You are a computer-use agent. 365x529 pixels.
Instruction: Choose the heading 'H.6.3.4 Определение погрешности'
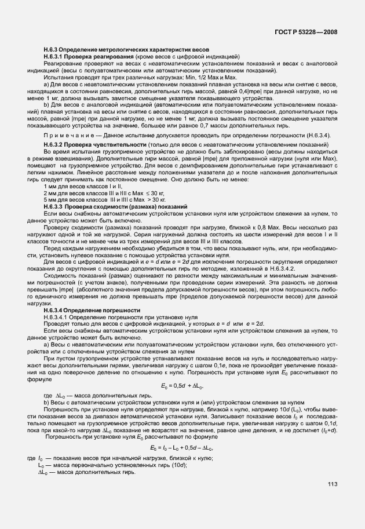pyautogui.click(x=92, y=311)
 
